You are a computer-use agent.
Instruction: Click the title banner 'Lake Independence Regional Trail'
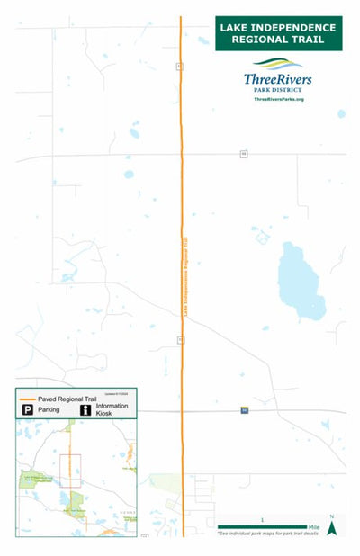pos(279,32)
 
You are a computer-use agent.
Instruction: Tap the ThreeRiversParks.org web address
pos(279,99)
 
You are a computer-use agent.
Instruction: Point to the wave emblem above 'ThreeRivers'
pos(280,65)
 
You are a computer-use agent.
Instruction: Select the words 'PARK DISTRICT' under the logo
pos(279,89)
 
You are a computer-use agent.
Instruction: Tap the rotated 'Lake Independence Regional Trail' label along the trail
pos(186,275)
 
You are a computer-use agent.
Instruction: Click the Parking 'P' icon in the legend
pos(29,410)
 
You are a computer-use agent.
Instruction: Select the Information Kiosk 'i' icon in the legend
pos(85,410)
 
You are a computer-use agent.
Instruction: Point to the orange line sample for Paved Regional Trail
pos(28,398)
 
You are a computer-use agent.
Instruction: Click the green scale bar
pos(262,527)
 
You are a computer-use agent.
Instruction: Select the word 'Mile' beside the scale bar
pos(314,527)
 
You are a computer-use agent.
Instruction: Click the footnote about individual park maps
pos(268,534)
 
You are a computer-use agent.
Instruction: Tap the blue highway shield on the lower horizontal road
pos(245,410)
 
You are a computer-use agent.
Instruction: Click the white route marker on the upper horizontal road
pos(244,155)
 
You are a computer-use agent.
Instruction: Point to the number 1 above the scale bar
pos(262,520)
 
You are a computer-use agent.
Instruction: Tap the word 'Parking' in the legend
pos(50,410)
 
